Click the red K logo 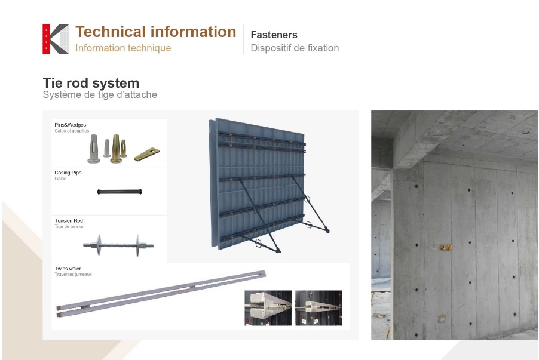tap(56, 39)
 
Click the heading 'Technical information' tap(156, 32)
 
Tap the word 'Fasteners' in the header tap(274, 35)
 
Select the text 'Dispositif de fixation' tap(295, 48)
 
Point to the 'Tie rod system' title tap(91, 83)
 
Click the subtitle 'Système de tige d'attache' tap(100, 94)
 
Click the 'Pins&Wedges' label tap(70, 125)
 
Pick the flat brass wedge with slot tap(147, 154)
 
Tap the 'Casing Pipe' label tap(68, 173)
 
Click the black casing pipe tap(120, 192)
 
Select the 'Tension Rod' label tap(69, 220)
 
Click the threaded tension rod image tap(118, 245)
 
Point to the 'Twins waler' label tap(68, 269)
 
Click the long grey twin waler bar tap(161, 294)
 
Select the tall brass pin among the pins tap(116, 149)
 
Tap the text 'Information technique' tap(123, 48)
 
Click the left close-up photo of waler tap(268, 308)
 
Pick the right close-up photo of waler tap(318, 308)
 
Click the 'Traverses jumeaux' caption tap(73, 274)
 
